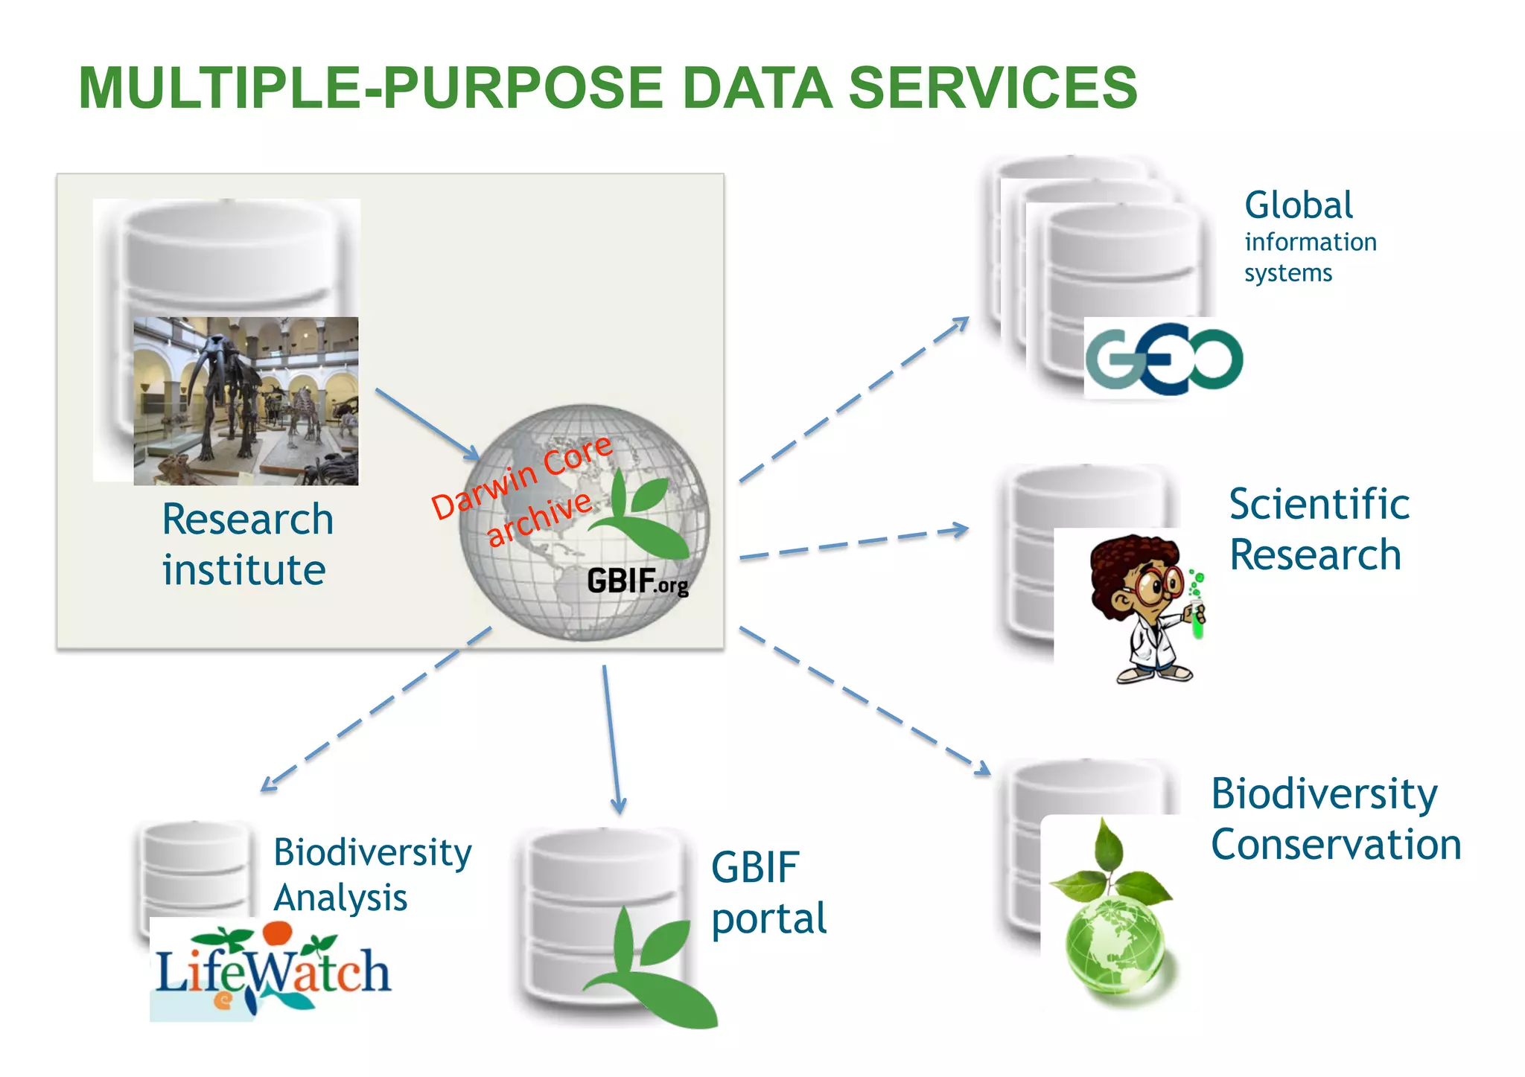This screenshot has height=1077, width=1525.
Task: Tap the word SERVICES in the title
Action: (993, 88)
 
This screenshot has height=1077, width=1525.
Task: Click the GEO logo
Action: (1164, 358)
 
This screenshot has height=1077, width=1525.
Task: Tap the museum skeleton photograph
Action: (246, 401)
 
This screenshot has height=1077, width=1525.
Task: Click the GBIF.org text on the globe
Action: (637, 581)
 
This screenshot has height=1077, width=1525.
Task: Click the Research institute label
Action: (246, 544)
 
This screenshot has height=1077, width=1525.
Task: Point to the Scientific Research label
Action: (1318, 529)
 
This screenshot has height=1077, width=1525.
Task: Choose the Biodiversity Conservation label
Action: (1336, 819)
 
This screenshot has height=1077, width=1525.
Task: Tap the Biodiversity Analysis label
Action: (372, 875)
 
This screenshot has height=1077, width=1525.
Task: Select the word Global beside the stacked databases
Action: (1298, 205)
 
